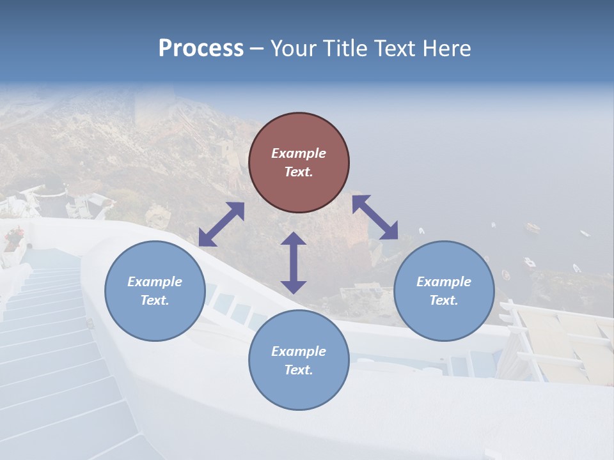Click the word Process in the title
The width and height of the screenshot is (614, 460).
[201, 49]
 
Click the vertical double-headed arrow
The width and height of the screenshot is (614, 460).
[294, 263]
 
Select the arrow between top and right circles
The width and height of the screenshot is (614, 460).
[375, 217]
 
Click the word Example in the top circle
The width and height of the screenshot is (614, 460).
[299, 153]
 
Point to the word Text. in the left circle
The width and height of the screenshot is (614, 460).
[155, 300]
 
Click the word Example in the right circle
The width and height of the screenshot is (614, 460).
[444, 282]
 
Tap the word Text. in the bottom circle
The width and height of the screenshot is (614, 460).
[299, 370]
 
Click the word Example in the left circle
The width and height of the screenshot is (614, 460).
[155, 282]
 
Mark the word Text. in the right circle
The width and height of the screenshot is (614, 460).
[444, 300]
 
